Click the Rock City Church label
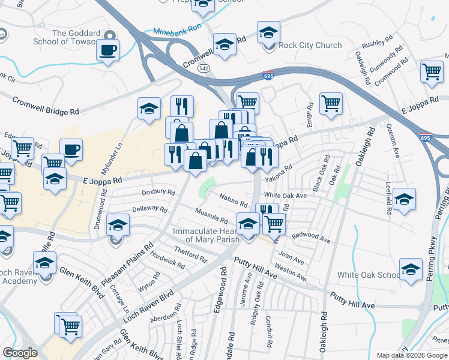[311, 45]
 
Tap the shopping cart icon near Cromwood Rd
[432, 71]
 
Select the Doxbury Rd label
[158, 193]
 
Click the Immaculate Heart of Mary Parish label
[206, 235]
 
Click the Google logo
[20, 353]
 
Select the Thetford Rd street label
[190, 254]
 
